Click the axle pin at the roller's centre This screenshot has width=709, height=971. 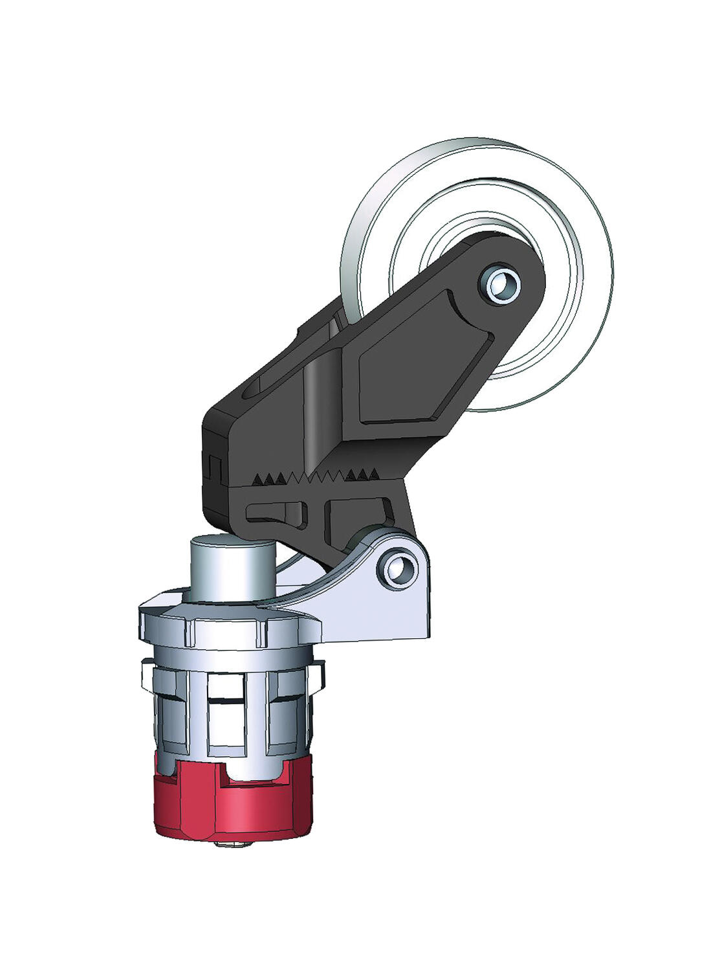500,284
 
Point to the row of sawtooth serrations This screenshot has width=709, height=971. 317,478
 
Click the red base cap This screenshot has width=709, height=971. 233,806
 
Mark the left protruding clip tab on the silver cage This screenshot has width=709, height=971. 146,676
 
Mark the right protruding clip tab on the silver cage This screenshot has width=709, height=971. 318,676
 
